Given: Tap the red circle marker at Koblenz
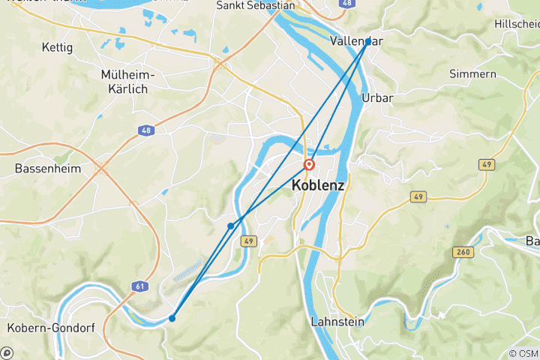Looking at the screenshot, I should pyautogui.click(x=309, y=165).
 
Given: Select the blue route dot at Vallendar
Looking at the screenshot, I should pyautogui.click(x=367, y=42).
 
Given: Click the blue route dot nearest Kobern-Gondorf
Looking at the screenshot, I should pyautogui.click(x=172, y=318).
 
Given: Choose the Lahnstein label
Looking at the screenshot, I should pyautogui.click(x=337, y=322).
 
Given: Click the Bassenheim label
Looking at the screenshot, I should pyautogui.click(x=47, y=169).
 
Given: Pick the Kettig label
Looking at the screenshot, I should pyautogui.click(x=58, y=47).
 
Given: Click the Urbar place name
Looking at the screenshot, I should pyautogui.click(x=377, y=97).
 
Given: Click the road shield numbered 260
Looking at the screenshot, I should pyautogui.click(x=463, y=252).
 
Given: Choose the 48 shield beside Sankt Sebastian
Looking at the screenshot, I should pyautogui.click(x=346, y=4).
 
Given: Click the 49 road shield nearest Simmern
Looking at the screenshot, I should pyautogui.click(x=487, y=164).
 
